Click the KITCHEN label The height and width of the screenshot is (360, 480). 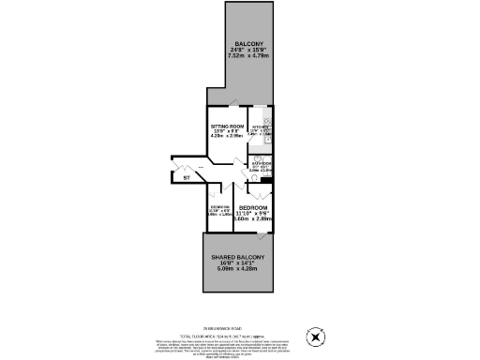coord(260,125)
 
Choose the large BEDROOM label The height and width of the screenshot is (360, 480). coord(253,207)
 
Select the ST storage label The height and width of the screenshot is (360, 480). coord(187,177)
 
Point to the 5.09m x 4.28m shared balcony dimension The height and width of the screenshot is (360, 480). coord(238,270)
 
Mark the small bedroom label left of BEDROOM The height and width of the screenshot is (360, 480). coord(219,208)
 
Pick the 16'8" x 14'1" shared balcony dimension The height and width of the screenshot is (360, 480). coord(238,263)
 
